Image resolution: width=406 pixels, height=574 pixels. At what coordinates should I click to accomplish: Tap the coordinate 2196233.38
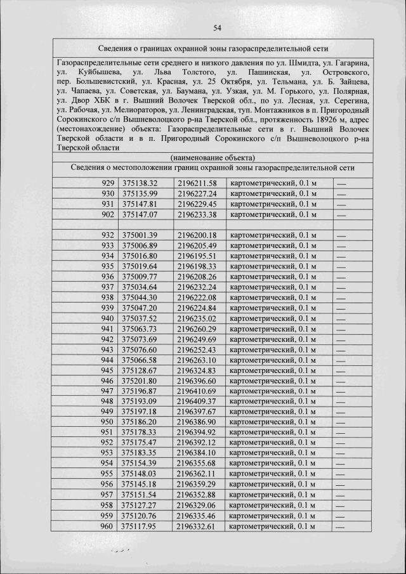point(197,215)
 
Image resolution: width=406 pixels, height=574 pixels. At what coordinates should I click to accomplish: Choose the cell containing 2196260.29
point(197,329)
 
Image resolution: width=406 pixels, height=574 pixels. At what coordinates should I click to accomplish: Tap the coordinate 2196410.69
point(197,391)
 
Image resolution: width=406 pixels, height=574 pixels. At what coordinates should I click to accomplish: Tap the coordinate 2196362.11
point(197,474)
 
